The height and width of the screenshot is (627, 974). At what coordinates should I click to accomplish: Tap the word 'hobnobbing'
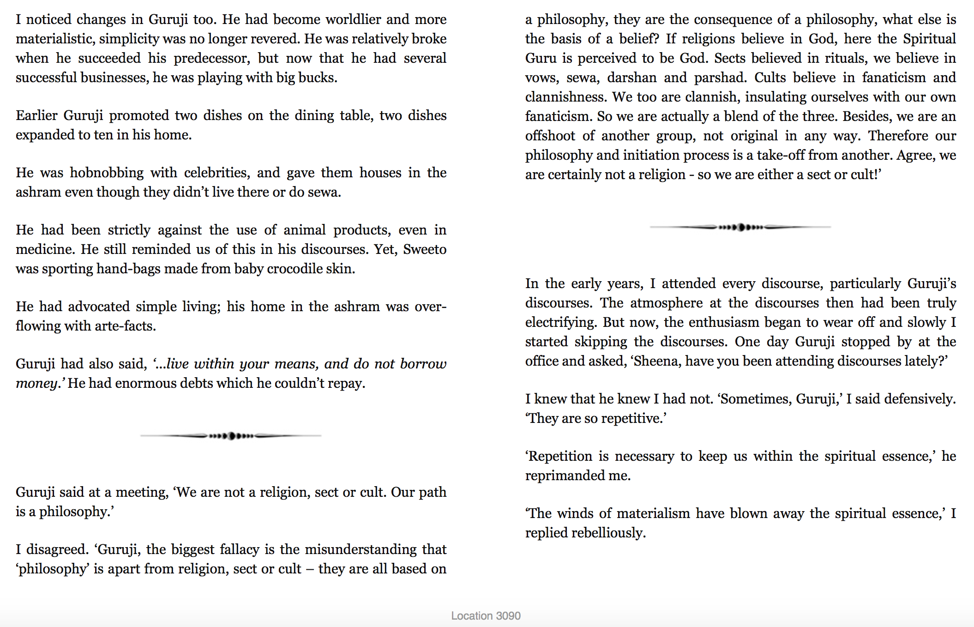coord(107,173)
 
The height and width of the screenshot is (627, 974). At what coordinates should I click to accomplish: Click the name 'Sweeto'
coord(425,249)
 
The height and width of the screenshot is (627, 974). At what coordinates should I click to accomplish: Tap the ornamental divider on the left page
coord(231,435)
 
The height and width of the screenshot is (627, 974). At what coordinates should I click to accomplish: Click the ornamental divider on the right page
coord(740,227)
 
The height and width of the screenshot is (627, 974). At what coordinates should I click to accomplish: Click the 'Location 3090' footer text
coord(486,615)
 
